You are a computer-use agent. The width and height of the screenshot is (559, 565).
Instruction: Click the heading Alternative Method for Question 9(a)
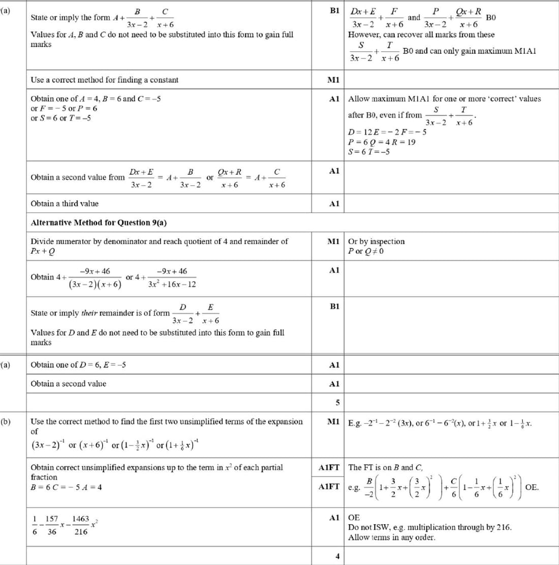(99, 223)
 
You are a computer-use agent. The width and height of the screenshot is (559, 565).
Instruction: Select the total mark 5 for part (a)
(336, 403)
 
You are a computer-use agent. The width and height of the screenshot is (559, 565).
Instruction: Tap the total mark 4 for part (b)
(336, 556)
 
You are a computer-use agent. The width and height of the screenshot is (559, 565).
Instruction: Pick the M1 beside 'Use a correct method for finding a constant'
(333, 80)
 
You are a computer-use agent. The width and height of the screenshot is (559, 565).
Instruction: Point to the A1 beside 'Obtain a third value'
(333, 203)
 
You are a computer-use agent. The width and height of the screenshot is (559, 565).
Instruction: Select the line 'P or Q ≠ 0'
(366, 251)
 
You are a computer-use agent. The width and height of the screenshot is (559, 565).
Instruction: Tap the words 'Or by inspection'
(376, 242)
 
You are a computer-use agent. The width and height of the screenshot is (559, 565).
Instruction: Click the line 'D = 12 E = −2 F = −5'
(387, 132)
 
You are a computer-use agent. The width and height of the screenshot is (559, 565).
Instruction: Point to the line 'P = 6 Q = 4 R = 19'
(381, 142)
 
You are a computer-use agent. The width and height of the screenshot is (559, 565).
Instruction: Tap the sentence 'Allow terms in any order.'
(391, 537)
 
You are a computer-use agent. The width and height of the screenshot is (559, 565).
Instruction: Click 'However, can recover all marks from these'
(421, 35)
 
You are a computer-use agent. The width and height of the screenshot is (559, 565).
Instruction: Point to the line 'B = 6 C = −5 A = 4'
(66, 487)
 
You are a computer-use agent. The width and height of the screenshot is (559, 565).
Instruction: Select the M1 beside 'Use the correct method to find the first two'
(333, 422)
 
